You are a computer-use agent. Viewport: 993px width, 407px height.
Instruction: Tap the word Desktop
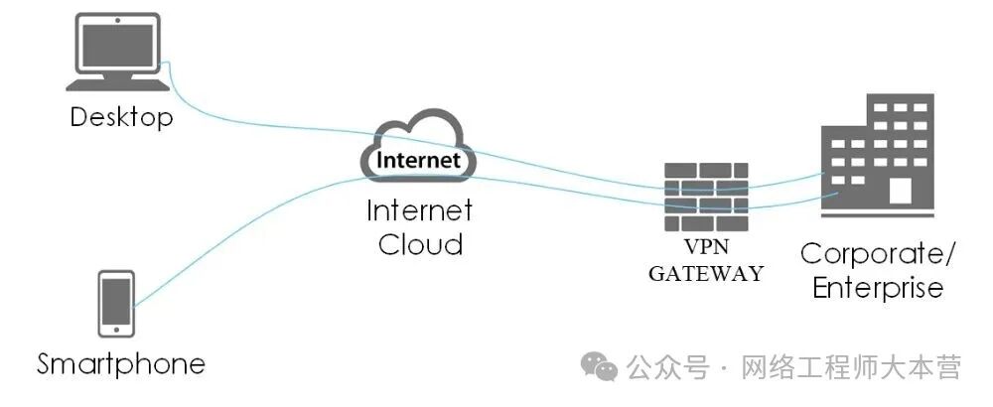click(x=121, y=118)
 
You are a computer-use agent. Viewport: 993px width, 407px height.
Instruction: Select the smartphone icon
click(x=117, y=302)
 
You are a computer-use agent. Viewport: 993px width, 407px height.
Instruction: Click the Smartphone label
click(x=121, y=364)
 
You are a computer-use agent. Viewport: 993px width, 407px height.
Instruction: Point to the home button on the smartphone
click(x=117, y=328)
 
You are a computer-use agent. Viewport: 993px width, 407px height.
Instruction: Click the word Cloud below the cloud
click(x=420, y=244)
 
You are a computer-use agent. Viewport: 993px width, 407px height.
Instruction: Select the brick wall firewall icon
click(x=706, y=195)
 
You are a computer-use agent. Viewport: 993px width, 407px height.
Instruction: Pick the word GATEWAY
click(x=706, y=273)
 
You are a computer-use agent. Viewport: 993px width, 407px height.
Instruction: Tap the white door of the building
click(x=900, y=192)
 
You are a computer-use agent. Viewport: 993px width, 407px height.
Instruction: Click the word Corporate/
click(x=878, y=253)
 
